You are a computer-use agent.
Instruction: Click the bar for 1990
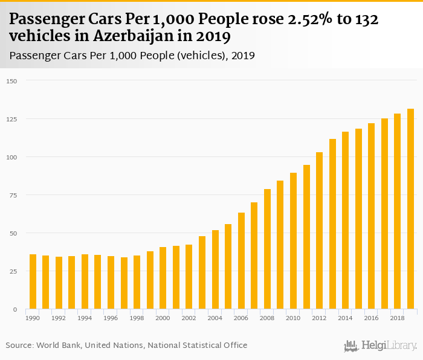[x=33, y=282]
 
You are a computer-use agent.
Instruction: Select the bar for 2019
[x=410, y=209]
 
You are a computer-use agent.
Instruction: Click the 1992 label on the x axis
[x=59, y=318]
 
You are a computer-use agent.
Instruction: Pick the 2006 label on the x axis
[x=241, y=318]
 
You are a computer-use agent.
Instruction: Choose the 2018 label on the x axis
[x=397, y=318]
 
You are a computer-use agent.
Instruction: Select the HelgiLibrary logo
[x=380, y=346]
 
